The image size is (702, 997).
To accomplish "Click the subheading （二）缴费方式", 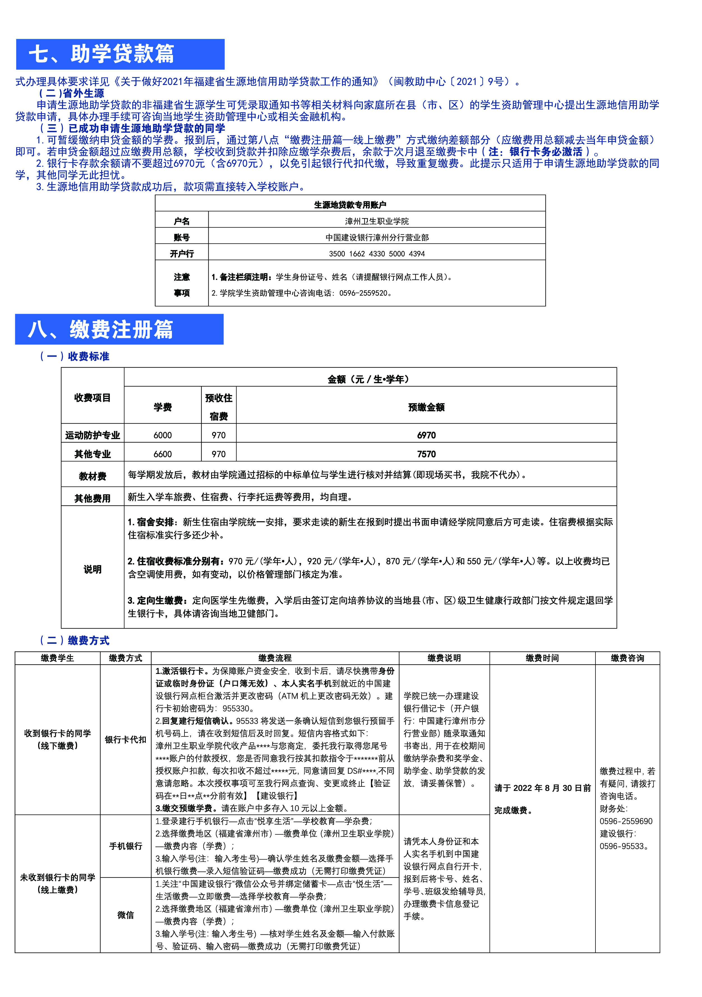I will (74, 640).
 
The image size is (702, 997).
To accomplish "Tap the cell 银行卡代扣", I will (126, 740).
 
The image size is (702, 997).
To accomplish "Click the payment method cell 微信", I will (126, 915).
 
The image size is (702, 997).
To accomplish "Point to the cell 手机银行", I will (126, 846).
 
